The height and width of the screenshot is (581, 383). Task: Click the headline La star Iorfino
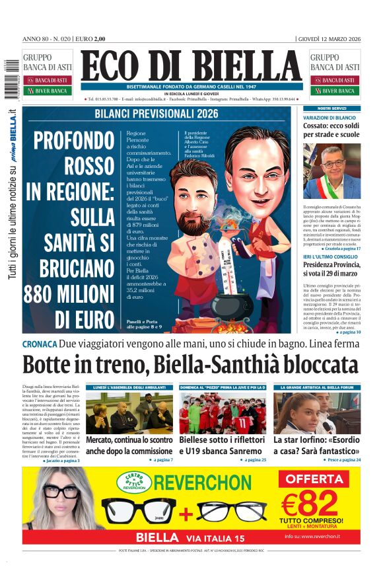coord(317,445)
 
